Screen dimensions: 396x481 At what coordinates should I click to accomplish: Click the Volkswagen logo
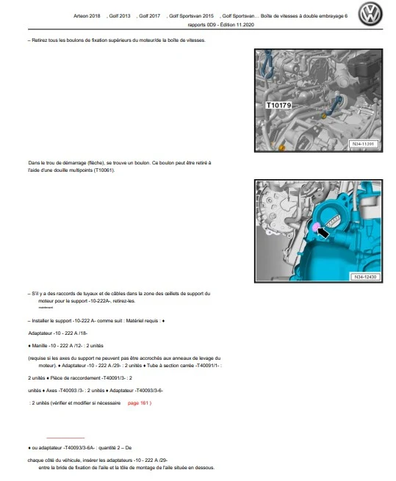[370, 14]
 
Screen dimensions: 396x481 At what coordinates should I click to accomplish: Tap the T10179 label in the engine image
[278, 105]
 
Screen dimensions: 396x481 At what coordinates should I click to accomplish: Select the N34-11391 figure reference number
[363, 144]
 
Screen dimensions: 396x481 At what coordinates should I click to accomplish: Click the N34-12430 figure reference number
[365, 277]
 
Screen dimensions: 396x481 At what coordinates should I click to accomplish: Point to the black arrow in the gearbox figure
[323, 233]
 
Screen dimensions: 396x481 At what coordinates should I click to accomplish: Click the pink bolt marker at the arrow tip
[316, 228]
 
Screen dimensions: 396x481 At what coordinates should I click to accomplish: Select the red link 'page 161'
[140, 403]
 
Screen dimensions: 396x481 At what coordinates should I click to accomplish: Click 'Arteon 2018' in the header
[87, 16]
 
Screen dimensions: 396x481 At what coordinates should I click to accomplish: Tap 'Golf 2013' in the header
[120, 16]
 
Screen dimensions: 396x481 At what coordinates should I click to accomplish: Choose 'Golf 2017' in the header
[149, 16]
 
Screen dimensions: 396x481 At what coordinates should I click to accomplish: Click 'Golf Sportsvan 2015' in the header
[191, 16]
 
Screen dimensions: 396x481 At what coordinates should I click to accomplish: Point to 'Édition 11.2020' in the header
[237, 25]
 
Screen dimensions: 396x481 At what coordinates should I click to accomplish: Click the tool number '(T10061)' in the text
[104, 170]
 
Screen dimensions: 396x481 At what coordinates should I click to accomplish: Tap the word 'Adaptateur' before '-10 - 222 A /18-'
[40, 333]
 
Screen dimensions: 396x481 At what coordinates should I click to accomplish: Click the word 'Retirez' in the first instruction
[40, 40]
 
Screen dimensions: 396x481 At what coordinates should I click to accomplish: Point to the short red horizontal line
[65, 438]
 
